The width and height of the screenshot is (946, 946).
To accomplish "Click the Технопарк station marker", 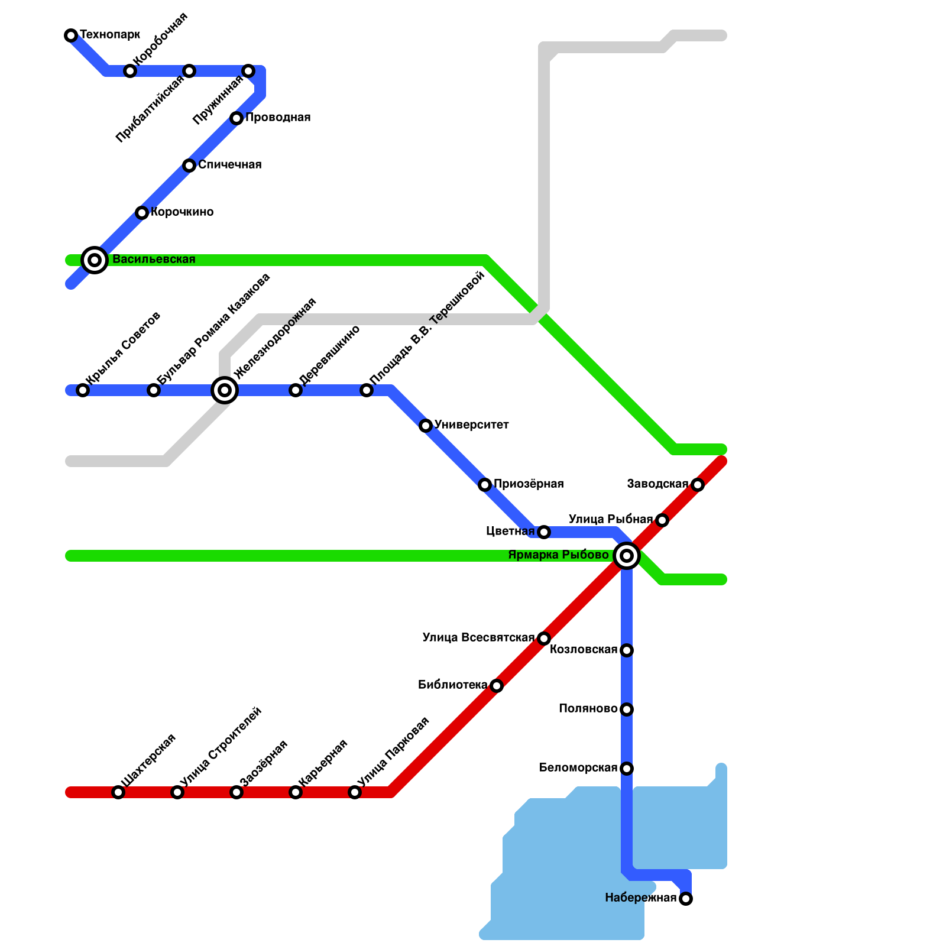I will pyautogui.click(x=71, y=35).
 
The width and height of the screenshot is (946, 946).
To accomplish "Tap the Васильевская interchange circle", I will pyautogui.click(x=95, y=260).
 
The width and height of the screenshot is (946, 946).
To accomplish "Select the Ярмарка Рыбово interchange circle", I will pyautogui.click(x=627, y=556).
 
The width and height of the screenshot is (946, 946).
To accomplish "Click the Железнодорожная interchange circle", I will pyautogui.click(x=225, y=390).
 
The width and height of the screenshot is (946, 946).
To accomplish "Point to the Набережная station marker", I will pyautogui.click(x=686, y=899).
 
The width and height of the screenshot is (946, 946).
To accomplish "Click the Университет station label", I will pyautogui.click(x=471, y=425).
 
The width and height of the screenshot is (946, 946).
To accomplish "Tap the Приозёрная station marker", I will pyautogui.click(x=485, y=485).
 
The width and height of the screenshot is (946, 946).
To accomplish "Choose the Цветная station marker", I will pyautogui.click(x=544, y=532).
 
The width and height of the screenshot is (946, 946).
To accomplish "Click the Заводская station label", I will pyautogui.click(x=657, y=484).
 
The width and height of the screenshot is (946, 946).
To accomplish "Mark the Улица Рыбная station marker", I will pyautogui.click(x=662, y=520).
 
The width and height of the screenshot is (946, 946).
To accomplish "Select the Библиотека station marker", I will pyautogui.click(x=497, y=686).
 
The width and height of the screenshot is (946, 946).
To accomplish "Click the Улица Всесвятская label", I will pyautogui.click(x=478, y=638).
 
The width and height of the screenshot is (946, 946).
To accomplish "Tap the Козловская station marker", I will pyautogui.click(x=627, y=650).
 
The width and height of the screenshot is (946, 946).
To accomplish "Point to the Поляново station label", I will pyautogui.click(x=588, y=709).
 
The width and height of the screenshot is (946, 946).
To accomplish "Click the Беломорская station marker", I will pyautogui.click(x=627, y=769).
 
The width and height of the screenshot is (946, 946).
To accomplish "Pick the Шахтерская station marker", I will pyautogui.click(x=118, y=792).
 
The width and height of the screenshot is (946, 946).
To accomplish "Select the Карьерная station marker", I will pyautogui.click(x=296, y=792).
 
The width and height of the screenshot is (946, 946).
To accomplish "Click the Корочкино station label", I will pyautogui.click(x=182, y=212).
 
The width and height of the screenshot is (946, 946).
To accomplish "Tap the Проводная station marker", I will pyautogui.click(x=237, y=118).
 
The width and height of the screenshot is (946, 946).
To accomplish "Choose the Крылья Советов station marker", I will pyautogui.click(x=83, y=390).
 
